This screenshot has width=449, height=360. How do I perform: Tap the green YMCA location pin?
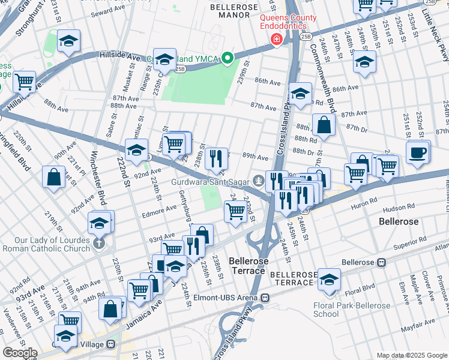tap(227, 59)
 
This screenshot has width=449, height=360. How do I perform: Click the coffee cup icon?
tap(418, 151)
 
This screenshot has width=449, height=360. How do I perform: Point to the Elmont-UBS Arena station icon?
tap(265, 297)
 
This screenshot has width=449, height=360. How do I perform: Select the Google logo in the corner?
tap(20, 353)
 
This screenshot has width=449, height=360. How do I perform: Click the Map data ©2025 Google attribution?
tap(412, 355)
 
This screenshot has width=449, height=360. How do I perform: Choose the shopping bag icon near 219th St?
tap(54, 178)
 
